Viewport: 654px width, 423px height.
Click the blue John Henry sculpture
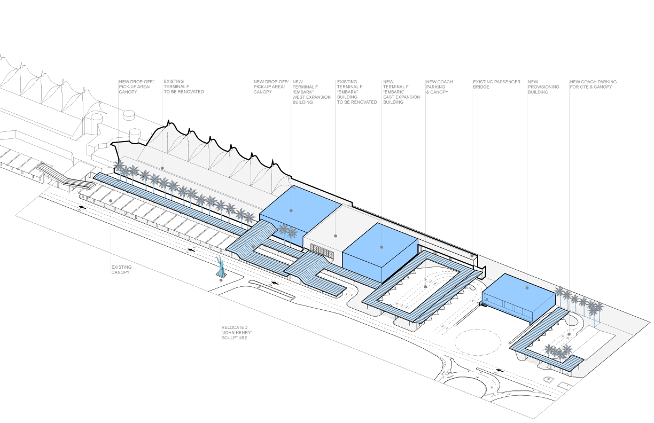point(221,267)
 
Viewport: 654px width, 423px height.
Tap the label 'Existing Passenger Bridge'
point(496,84)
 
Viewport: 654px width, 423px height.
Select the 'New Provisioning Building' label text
point(543,87)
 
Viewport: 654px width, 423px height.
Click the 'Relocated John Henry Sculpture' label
point(237,333)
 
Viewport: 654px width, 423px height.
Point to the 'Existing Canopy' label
point(121,269)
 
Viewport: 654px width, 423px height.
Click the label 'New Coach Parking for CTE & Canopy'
point(593,84)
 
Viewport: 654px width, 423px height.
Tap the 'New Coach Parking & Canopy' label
point(439,87)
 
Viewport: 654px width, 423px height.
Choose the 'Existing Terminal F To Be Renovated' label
point(184,87)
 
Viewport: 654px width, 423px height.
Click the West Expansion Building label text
point(312,92)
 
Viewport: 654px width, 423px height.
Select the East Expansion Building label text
point(401,92)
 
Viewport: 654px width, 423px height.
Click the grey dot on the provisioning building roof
point(527,288)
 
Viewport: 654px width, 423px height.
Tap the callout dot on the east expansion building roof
point(381,247)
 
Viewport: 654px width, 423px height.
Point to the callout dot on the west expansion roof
point(291,210)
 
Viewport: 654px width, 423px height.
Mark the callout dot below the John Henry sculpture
point(221,280)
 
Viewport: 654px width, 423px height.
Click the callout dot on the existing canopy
point(111,201)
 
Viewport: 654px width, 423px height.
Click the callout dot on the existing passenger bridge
point(472,256)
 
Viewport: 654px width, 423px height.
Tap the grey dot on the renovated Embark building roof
point(336,236)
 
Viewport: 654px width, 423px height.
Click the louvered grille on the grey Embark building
point(322,252)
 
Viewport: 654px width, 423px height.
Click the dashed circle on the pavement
point(478,342)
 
